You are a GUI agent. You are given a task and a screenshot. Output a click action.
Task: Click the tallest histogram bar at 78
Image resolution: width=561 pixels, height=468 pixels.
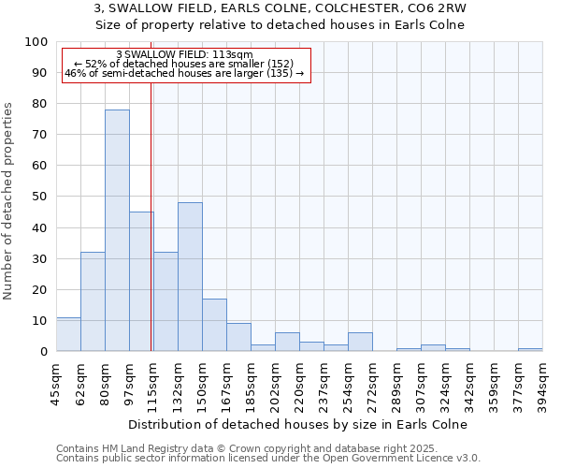pos(117,230)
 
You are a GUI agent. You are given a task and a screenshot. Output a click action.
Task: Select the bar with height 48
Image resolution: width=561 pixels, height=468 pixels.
pos(190,277)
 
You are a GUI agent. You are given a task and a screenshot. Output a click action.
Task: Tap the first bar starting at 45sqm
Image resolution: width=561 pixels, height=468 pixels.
pos(68,334)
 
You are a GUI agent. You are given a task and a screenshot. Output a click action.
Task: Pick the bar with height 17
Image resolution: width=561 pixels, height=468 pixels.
pos(214,325)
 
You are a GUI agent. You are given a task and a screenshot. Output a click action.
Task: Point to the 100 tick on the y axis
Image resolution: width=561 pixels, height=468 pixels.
pos(36,42)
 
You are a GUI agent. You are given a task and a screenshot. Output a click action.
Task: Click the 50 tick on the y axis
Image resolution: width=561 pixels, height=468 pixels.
pos(40,197)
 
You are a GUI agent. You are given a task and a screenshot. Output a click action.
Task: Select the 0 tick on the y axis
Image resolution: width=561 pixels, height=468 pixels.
pos(44,351)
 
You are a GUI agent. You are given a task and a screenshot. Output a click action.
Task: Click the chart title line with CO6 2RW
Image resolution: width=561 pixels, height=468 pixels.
pos(280,8)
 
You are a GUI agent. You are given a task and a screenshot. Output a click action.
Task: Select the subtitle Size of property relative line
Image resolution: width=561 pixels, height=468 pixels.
pos(280,24)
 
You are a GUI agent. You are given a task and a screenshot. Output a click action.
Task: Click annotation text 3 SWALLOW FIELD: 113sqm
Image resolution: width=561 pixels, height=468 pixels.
pos(184,55)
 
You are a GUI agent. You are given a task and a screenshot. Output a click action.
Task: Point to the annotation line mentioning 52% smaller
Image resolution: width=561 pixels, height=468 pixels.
pos(184,64)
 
